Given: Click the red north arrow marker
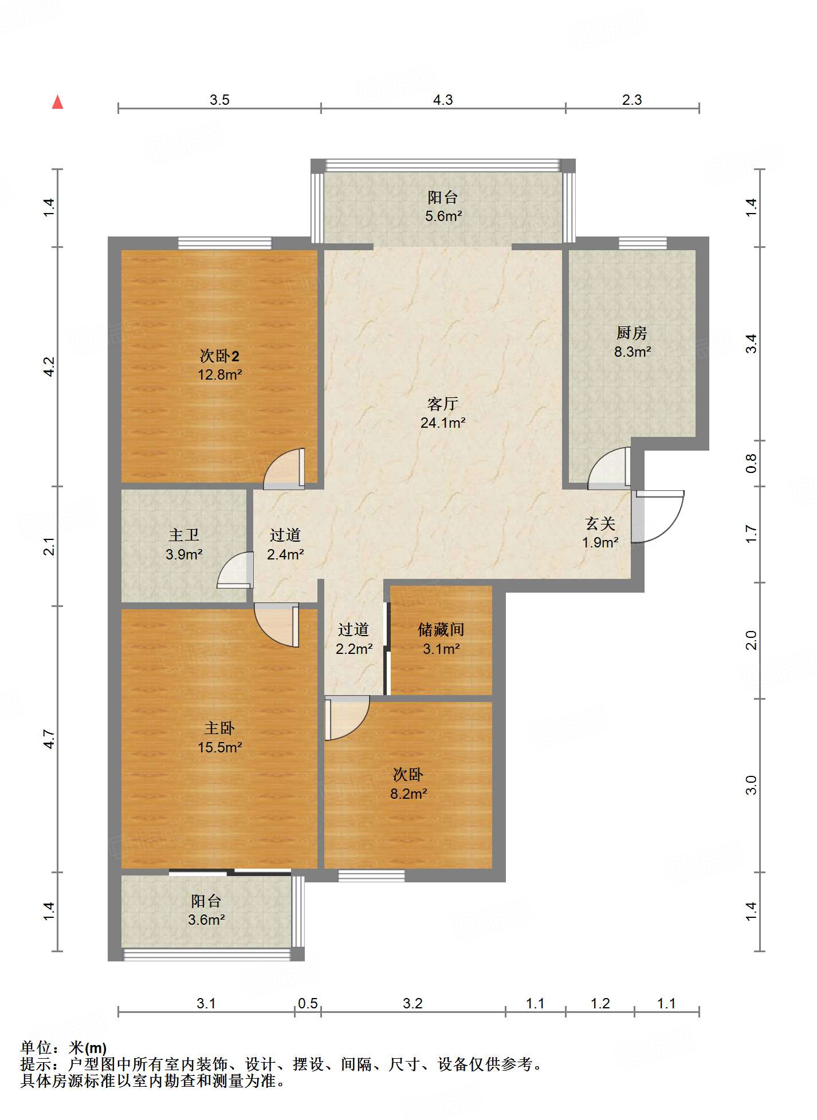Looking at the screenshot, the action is coord(57,102).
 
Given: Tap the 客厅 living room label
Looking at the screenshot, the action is coord(442,404).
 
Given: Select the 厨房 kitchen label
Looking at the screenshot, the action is coord(631,333).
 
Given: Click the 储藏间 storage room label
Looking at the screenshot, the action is coord(441,630).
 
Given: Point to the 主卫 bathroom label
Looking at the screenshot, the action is coord(184,535).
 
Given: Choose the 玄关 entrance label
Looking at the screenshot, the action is coord(600,523).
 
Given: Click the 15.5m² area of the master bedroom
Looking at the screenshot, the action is coord(219,747).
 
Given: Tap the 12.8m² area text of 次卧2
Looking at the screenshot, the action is coord(219,375).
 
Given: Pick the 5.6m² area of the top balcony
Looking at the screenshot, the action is coord(443,216).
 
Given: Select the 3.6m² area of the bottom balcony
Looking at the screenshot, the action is coord(206,920).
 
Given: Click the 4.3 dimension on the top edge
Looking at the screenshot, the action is coord(443,100).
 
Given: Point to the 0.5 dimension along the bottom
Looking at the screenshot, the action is coord(308,1004).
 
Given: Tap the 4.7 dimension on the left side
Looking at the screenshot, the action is coord(49,739).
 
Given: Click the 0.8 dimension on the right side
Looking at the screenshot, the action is coord(751,463).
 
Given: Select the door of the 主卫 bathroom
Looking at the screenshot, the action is coord(235,570).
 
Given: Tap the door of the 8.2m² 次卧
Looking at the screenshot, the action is coord(347,718).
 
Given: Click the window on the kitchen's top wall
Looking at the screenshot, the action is coord(642,243).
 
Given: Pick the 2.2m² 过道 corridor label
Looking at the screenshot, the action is coord(353,639).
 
